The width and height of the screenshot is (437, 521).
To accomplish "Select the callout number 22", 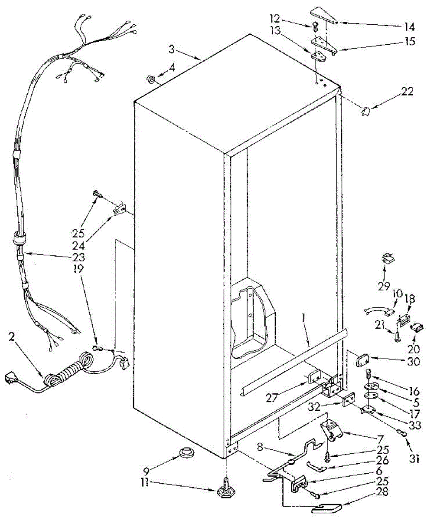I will [x=408, y=92].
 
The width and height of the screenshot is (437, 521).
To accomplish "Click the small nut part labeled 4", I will [x=150, y=79].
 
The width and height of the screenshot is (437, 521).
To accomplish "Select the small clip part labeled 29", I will [x=387, y=259].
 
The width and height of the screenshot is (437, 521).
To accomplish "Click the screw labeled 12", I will [x=315, y=26].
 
